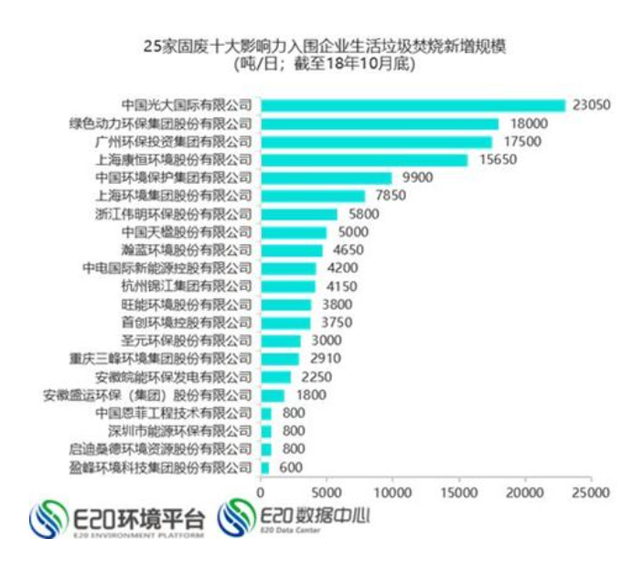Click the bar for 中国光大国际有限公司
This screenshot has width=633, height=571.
coord(413,105)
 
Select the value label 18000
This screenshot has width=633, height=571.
coord(529,124)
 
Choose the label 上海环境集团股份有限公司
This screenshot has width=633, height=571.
coord(173,195)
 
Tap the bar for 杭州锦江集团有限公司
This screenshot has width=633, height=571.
coord(288,286)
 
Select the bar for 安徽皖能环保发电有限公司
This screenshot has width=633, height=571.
coord(276,376)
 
